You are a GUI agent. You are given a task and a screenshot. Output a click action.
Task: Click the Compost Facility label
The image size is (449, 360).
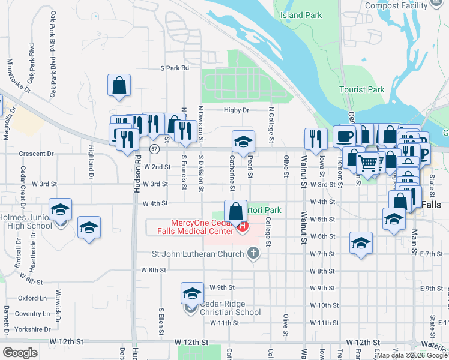tap(397, 5)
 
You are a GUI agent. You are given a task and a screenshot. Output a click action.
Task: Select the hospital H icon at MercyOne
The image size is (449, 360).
tap(243, 226)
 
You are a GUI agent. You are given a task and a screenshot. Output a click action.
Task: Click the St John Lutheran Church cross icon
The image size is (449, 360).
tap(253, 253)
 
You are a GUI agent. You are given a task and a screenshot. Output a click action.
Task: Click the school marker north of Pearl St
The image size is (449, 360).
tap(243, 142)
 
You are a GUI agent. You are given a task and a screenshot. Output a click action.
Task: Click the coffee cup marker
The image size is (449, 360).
tap(345, 136)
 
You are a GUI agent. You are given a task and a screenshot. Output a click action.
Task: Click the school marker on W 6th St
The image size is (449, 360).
tap(360, 242)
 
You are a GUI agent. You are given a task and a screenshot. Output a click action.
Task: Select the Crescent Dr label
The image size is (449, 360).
tap(36, 154)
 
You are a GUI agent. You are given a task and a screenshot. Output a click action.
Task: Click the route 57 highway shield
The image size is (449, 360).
tap(154, 148)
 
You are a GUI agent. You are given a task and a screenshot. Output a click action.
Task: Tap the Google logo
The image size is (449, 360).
tap(20, 353)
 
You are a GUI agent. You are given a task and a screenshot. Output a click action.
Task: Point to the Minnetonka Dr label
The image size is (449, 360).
tap(18, 75)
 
